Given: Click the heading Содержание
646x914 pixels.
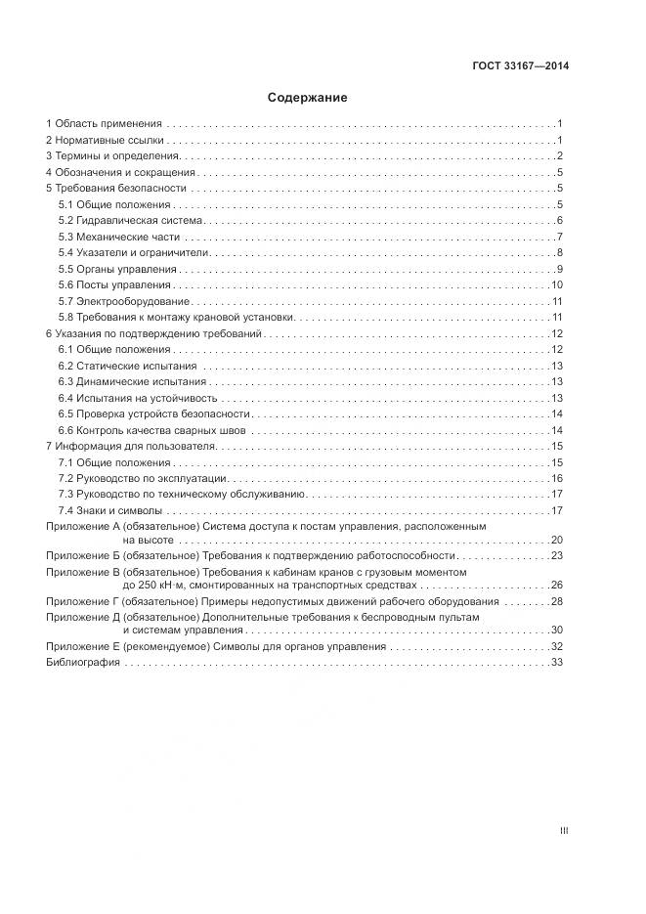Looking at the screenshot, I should (308, 98).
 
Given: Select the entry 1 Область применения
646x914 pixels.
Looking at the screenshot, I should (104, 124).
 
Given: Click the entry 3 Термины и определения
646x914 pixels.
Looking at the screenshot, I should (112, 156).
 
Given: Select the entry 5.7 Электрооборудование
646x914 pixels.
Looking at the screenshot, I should (124, 301).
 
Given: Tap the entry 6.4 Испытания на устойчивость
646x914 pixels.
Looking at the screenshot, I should (138, 398).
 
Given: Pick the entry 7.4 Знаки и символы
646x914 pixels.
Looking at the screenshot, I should (109, 510).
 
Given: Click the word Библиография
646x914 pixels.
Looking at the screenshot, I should (83, 663).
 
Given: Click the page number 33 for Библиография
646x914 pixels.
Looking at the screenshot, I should (559, 663).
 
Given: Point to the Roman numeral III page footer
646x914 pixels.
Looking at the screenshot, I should (564, 831).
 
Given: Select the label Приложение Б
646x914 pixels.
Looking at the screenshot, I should (82, 555).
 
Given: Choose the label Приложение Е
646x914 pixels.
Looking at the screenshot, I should (82, 647).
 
